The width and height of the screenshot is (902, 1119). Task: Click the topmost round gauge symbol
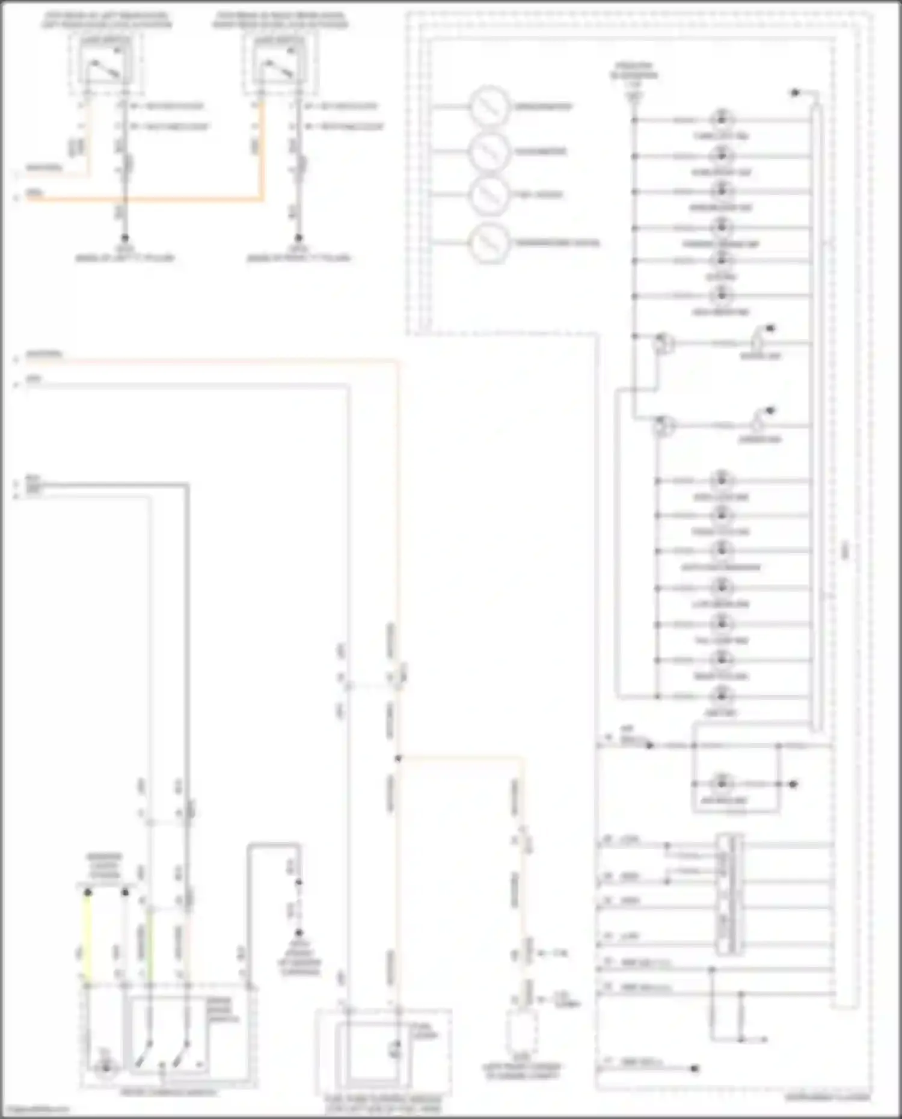[x=489, y=107]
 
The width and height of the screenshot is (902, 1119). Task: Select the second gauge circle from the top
[x=489, y=152]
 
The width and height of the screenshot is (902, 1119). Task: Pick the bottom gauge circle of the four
[x=489, y=243]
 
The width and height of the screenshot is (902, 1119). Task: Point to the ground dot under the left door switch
[x=124, y=238]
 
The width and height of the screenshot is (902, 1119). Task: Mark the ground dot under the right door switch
[x=298, y=238]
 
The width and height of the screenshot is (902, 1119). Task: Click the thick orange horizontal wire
[x=144, y=198]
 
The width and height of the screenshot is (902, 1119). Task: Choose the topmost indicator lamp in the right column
[x=721, y=119]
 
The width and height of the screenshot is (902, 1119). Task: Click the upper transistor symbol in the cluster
[x=664, y=344]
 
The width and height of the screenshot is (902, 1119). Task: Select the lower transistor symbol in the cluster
[x=664, y=426]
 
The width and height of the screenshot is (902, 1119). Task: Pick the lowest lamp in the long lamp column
[x=721, y=696]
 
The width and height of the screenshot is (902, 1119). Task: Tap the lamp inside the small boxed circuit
[x=721, y=783]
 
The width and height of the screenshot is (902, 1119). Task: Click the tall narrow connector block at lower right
[x=728, y=895]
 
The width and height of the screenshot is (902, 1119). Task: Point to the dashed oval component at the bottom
[x=521, y=1032]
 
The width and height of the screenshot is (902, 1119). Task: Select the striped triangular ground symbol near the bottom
[x=299, y=942]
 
